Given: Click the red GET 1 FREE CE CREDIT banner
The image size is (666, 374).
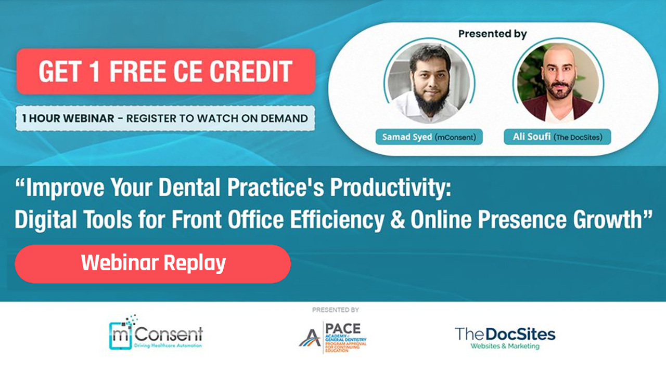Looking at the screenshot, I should coord(165,71).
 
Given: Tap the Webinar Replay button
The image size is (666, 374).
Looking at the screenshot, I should coord(153,264).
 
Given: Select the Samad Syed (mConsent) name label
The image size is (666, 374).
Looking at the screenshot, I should coord(429,137).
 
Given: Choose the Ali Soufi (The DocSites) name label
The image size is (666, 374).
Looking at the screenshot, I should coord(557,137).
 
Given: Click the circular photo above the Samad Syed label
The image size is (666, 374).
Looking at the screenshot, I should coord(429,83).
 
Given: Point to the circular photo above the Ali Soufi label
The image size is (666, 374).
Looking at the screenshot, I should coord(557,83).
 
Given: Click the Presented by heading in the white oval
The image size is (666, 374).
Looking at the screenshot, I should coord(492,34).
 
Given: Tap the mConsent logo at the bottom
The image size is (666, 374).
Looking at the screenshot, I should coord(156,333).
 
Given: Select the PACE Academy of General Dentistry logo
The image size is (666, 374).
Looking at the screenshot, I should coord(333,337).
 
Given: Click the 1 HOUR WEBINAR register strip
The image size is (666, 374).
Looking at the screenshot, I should coord(165,118).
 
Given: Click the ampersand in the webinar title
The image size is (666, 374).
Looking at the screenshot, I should coord(400,220).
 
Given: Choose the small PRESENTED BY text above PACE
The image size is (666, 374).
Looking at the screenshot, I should coord(336,310).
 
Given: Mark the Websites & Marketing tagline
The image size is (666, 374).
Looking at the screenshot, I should coord(505,346).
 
